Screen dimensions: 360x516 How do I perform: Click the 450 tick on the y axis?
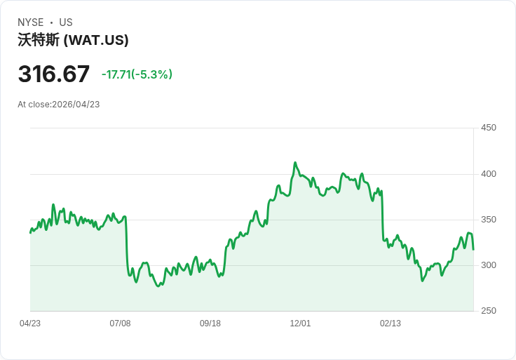(489, 128)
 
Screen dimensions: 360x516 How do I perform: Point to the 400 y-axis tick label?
(489, 174)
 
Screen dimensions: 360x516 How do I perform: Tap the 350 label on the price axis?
(489, 220)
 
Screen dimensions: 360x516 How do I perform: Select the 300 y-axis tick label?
(489, 265)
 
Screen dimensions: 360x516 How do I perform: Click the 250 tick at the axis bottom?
(489, 311)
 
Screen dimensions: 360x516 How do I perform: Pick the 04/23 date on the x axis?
(30, 324)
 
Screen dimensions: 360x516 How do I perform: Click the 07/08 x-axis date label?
(121, 324)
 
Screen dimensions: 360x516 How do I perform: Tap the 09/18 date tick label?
(210, 324)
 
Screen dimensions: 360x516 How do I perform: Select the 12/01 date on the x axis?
(300, 324)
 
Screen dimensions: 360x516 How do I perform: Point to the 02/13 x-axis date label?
(391, 324)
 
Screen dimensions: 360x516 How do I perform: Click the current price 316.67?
(54, 74)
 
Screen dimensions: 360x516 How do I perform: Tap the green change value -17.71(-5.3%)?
(137, 74)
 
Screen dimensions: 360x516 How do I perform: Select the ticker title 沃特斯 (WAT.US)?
(73, 41)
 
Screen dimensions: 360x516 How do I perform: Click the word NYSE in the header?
(31, 22)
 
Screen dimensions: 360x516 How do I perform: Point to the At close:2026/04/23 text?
(59, 105)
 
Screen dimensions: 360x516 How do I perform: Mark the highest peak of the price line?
(295, 163)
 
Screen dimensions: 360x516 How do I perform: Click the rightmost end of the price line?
(473, 249)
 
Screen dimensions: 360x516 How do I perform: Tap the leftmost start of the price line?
(30, 232)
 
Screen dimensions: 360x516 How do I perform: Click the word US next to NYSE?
(66, 22)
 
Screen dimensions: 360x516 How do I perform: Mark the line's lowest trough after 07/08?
(158, 286)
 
